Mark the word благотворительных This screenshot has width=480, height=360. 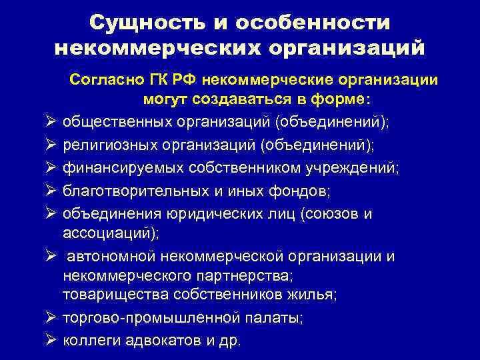tap(129, 191)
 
